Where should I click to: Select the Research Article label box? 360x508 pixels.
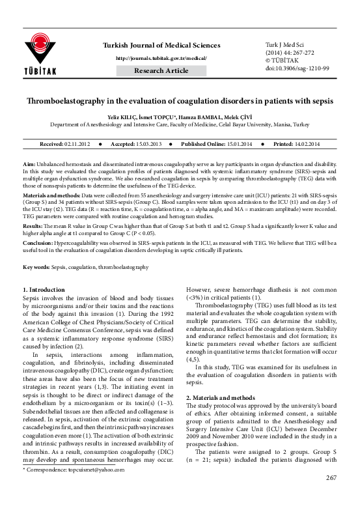[161, 70]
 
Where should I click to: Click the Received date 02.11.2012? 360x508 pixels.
[79, 143]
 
